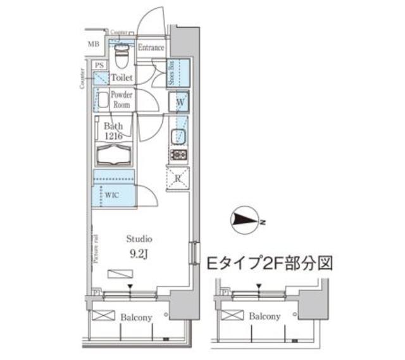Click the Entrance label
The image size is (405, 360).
pos(151,48)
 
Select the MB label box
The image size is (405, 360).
pos(93,44)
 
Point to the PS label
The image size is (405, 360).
pos(99,65)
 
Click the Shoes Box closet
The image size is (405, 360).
pos(177,73)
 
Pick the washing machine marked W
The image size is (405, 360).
pos(179,101)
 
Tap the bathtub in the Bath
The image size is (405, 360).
pos(114,156)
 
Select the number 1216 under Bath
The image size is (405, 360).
pos(115,136)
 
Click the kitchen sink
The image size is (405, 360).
pos(178,136)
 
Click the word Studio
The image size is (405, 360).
pos(139,239)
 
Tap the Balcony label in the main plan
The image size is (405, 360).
pos(136,317)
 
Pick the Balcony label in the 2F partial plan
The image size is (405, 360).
pos(265,316)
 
